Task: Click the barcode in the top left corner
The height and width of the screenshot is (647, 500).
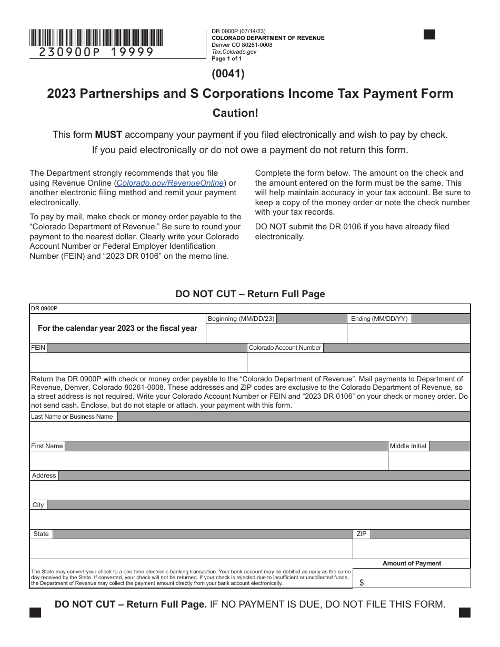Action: click(96, 38)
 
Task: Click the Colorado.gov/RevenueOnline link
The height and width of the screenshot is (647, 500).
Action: click(171, 183)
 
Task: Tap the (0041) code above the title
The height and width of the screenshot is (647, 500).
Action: click(228, 74)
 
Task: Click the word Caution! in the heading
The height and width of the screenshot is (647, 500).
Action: click(235, 113)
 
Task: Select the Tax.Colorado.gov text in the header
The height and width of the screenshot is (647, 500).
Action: click(234, 52)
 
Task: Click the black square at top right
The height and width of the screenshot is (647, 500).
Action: click(429, 35)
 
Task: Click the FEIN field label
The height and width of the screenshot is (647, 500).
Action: click(38, 348)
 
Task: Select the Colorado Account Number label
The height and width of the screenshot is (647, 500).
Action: click(285, 348)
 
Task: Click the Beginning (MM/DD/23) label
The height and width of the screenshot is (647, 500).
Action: click(241, 319)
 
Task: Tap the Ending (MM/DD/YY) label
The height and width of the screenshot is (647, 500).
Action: click(379, 319)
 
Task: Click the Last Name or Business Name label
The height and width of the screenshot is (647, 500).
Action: click(72, 417)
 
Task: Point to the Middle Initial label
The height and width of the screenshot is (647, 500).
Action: click(408, 446)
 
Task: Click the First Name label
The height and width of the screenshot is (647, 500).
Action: click(47, 446)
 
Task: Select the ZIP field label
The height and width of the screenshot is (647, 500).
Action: click(362, 534)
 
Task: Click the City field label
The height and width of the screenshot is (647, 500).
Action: click(38, 505)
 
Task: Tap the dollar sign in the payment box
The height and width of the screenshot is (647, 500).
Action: click(362, 582)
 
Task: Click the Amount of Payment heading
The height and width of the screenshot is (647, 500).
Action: click(412, 563)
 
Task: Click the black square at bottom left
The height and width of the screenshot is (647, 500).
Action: click(35, 612)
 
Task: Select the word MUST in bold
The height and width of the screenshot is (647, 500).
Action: click(108, 135)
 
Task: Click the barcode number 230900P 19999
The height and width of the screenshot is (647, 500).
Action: click(96, 52)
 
